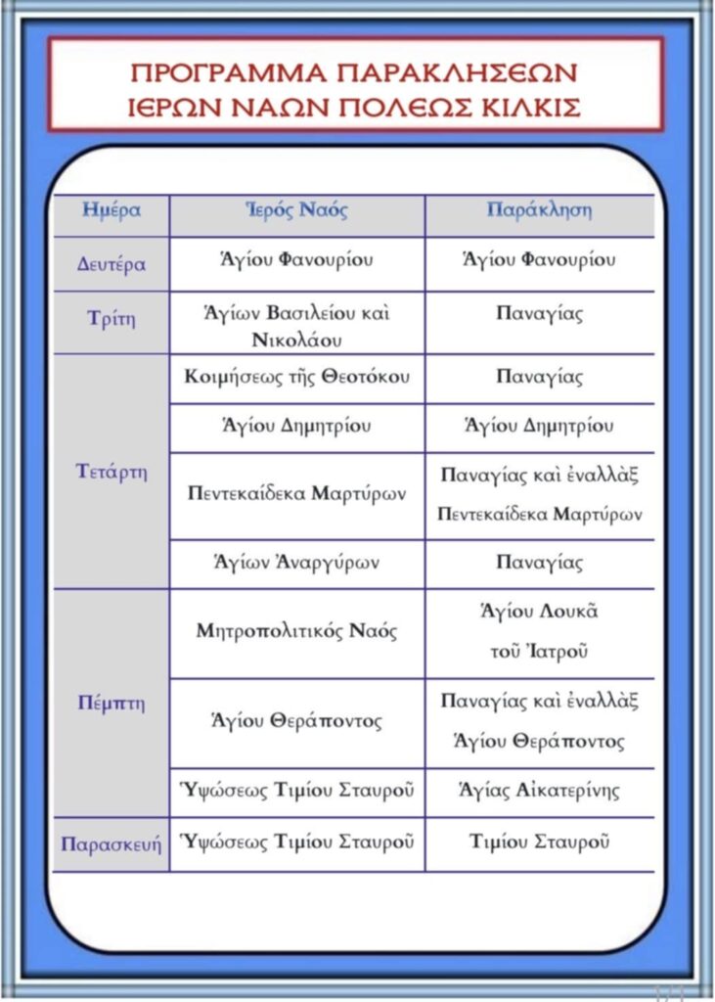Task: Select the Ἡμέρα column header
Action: [x=111, y=210]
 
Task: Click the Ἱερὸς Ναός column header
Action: [x=296, y=210]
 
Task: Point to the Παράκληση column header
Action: [x=539, y=210]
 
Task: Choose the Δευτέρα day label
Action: [x=111, y=264]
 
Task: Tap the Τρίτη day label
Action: [x=111, y=319]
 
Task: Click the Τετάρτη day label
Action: [x=111, y=472]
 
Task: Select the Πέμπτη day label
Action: [x=111, y=704]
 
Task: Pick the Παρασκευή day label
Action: [x=111, y=843]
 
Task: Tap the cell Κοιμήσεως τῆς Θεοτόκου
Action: [x=296, y=378]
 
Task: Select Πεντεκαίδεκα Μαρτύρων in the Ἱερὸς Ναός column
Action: [x=296, y=494]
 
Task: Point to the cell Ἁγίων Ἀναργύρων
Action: [x=296, y=563]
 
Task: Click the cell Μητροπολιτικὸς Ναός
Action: [x=296, y=631]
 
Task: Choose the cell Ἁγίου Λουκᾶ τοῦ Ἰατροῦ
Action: [x=539, y=631]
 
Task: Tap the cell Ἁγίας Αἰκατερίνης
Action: [x=539, y=791]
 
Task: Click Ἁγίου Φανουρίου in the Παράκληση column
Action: [x=539, y=260]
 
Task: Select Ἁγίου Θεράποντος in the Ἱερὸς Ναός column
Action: [x=296, y=722]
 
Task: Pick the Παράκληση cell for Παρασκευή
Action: [x=539, y=842]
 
